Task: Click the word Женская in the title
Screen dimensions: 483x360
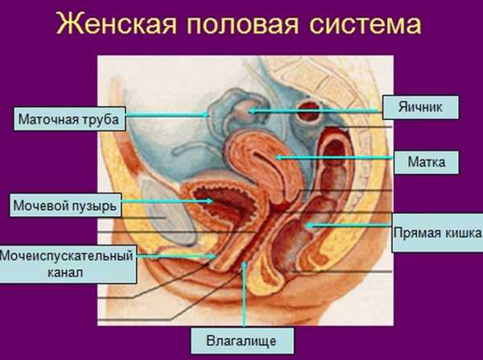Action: pos(116,24)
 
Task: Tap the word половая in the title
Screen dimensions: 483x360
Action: pos(242,24)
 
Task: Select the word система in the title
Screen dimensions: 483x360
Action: pos(365,24)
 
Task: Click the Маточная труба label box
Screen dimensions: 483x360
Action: pos(69,119)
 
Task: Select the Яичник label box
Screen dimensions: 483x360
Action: pos(420,107)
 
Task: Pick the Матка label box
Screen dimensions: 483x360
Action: pos(427,162)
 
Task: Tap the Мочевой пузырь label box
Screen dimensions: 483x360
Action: pos(65,205)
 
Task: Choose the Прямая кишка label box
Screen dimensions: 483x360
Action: pos(437,233)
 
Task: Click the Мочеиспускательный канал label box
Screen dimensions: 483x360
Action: pos(68,264)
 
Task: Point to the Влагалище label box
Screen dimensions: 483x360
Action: pos(242,341)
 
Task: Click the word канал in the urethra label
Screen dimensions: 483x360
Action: pos(65,272)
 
